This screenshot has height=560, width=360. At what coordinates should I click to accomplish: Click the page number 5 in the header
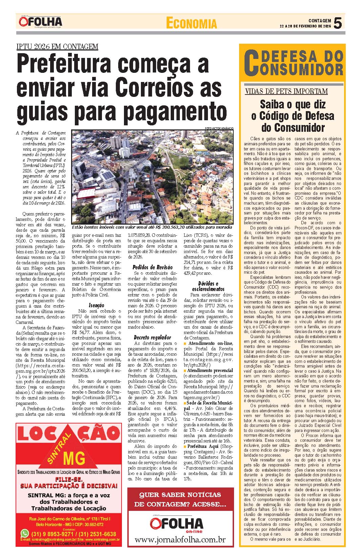(x=337, y=23)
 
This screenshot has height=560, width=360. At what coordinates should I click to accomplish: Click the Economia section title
(x=191, y=23)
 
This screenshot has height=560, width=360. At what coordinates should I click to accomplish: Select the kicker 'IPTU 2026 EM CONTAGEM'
(x=57, y=47)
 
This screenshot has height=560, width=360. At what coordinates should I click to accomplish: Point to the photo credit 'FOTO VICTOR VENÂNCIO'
(x=219, y=128)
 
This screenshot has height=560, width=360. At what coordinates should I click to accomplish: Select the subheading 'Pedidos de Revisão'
(x=152, y=267)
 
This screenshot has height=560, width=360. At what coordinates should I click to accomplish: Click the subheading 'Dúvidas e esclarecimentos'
(x=208, y=286)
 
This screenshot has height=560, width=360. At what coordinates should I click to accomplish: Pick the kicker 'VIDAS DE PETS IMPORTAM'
(x=286, y=91)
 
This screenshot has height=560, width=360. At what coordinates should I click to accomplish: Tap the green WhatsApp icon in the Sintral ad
(x=24, y=534)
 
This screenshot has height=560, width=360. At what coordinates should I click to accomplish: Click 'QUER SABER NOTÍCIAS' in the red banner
(x=180, y=495)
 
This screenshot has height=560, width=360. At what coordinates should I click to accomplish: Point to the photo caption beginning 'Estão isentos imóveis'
(x=152, y=227)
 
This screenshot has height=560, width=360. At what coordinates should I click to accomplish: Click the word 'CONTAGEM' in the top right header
(x=319, y=21)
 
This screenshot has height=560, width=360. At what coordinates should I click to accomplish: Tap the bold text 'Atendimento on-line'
(x=210, y=343)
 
